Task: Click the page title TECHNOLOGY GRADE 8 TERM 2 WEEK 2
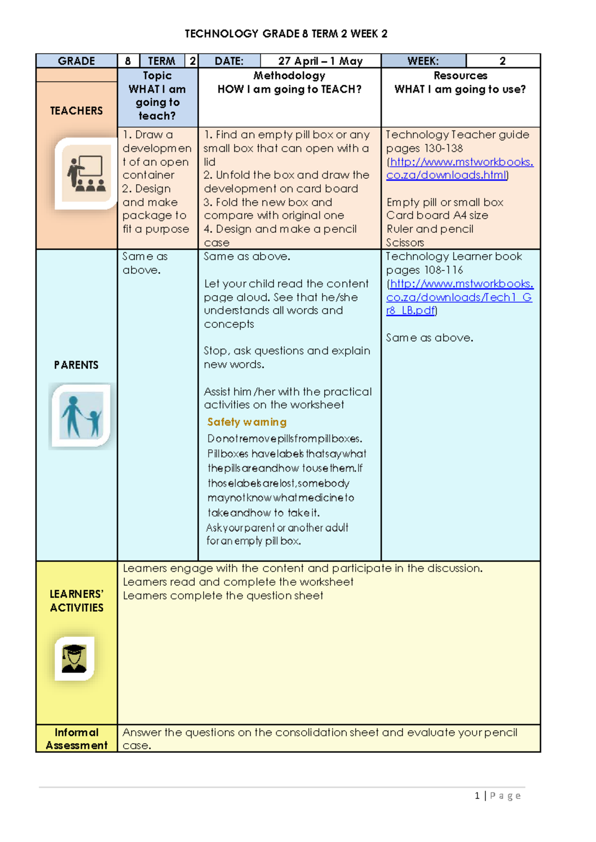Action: coord(286,34)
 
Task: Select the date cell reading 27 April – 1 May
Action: coord(320,61)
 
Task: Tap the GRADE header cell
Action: coord(76,61)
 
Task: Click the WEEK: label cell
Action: coord(423,61)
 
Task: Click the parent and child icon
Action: coord(81,416)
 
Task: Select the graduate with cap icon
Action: coord(74,658)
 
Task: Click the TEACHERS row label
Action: coord(76,111)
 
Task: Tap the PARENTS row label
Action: coord(76,365)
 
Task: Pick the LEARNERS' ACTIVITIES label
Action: coord(76,601)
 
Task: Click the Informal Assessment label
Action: coord(76,739)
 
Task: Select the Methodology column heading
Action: coord(289,75)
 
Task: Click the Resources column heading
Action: coord(460,75)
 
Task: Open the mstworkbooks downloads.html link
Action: coord(459,168)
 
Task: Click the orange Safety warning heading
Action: coord(247,422)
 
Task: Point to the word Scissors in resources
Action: coord(405,243)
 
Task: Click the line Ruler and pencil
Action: coord(430,229)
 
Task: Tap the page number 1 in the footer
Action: coord(477,796)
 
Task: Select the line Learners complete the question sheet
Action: coord(223,595)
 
